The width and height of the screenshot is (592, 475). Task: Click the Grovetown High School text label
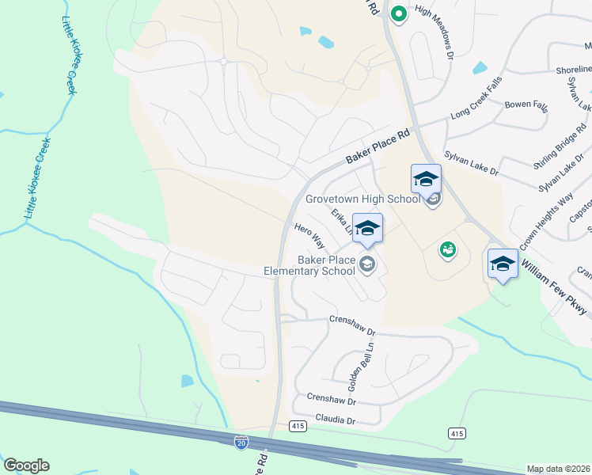tap(363, 199)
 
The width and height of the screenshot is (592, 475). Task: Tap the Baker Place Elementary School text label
tap(309, 265)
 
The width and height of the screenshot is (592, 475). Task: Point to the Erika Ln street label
tap(341, 221)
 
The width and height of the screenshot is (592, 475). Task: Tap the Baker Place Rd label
tap(378, 147)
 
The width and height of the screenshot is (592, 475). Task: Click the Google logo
tap(26, 465)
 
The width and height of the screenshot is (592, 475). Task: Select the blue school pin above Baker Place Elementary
tap(367, 228)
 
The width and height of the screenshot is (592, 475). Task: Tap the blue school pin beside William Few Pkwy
tap(503, 264)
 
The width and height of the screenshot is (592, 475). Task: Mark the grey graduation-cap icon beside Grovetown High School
tap(432, 199)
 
